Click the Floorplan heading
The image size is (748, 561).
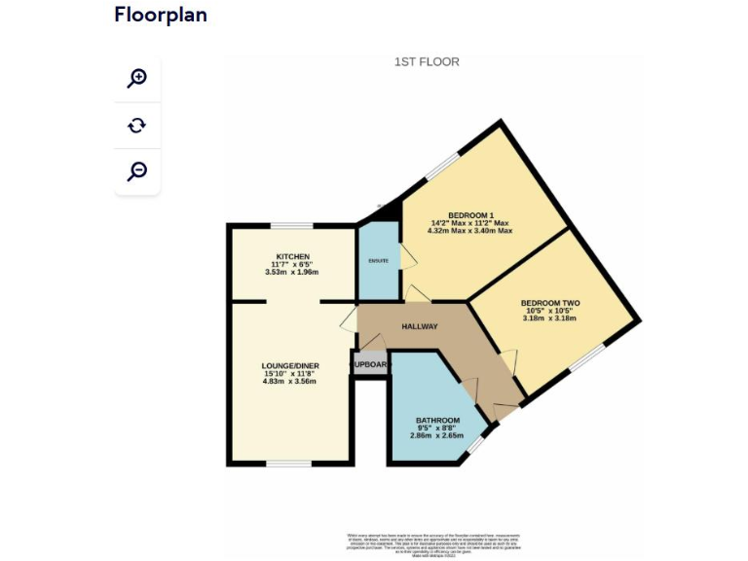click(x=161, y=15)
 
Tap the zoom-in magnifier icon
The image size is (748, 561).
click(x=137, y=78)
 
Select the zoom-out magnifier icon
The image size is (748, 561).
click(x=137, y=171)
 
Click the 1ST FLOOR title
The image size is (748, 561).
click(x=427, y=62)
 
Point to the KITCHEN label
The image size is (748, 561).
click(x=292, y=257)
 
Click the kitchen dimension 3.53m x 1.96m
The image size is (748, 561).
click(x=292, y=273)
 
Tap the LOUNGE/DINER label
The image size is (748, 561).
click(x=290, y=366)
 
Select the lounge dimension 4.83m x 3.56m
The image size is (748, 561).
click(x=290, y=382)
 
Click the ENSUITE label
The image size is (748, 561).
click(x=379, y=261)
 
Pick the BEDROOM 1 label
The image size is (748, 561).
click(x=471, y=215)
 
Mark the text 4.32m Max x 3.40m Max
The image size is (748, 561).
click(x=471, y=232)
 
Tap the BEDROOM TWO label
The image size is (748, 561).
click(x=549, y=303)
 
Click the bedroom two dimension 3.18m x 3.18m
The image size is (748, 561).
click(x=549, y=318)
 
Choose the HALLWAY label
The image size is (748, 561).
click(x=420, y=326)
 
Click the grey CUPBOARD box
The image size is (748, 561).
click(x=370, y=365)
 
